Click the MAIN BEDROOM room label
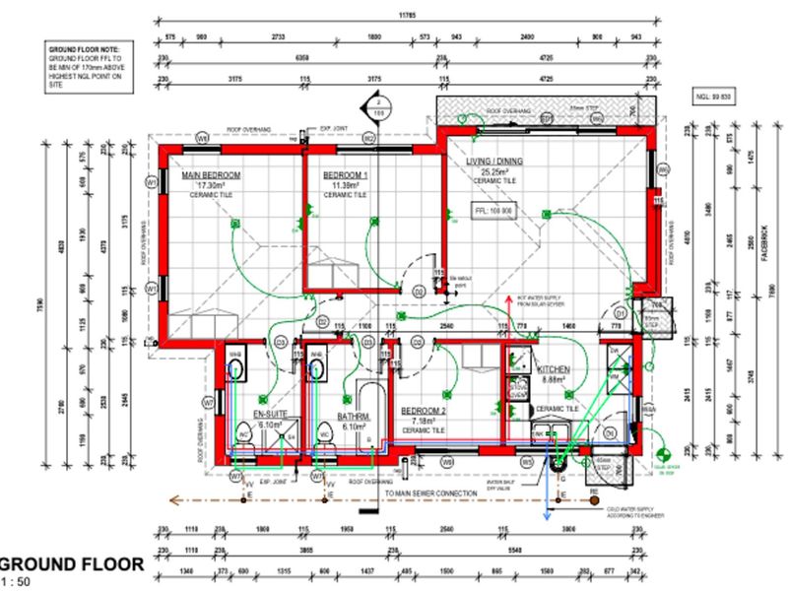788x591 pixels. tap(211, 175)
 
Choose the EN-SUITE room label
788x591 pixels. tap(270, 415)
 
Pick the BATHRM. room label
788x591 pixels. tap(353, 417)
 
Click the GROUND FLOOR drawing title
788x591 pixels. tap(71, 564)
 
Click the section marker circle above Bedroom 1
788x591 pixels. tap(376, 105)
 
